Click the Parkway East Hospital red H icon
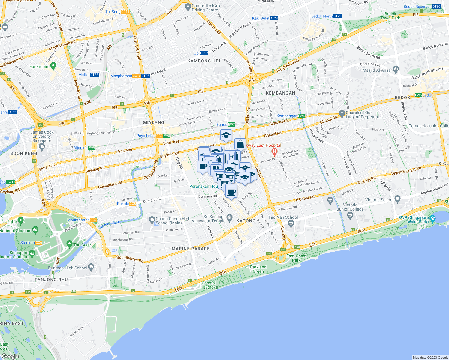click(274, 152)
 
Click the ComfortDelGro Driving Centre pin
click(188, 7)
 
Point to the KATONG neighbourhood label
click(246, 221)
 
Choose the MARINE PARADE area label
click(191, 249)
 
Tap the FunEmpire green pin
click(53, 65)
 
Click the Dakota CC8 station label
click(126, 204)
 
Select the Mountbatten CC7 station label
click(82, 220)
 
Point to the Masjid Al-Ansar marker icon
click(396, 69)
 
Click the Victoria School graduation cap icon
click(398, 199)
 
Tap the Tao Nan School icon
click(291, 223)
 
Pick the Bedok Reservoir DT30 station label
click(422, 7)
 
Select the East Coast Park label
click(296, 258)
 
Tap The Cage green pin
click(69, 244)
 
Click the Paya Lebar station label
click(153, 136)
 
